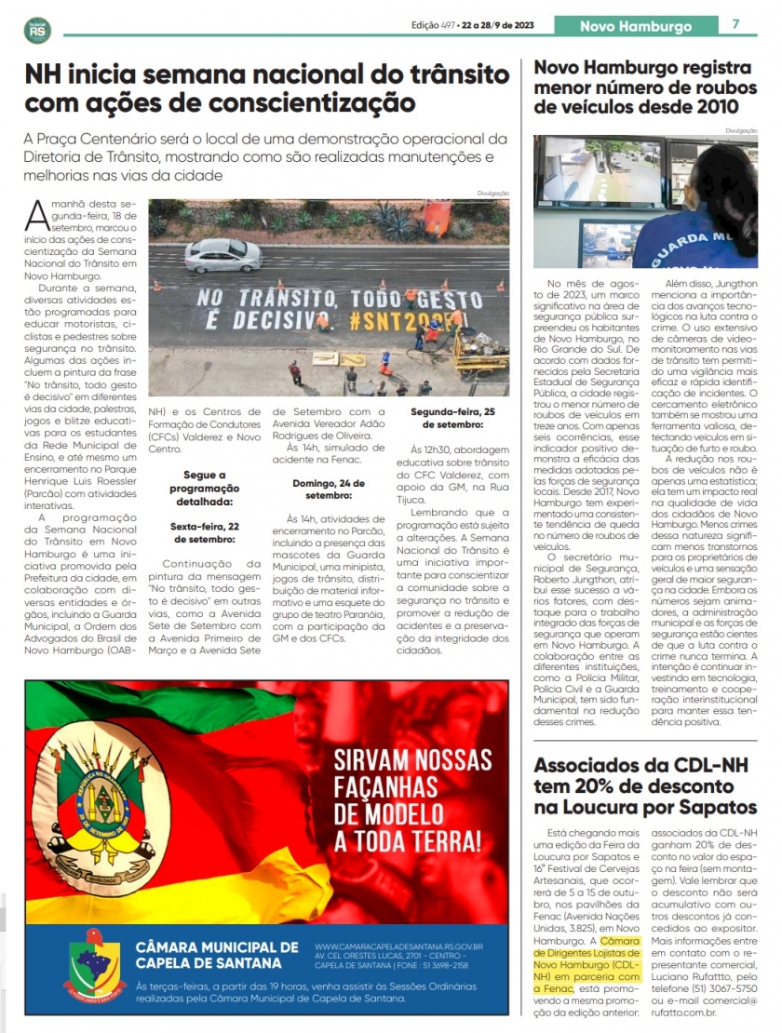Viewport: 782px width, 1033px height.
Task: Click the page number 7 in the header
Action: click(x=735, y=25)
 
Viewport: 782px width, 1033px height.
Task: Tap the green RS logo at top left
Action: click(x=38, y=31)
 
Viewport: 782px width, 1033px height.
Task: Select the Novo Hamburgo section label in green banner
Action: click(x=636, y=26)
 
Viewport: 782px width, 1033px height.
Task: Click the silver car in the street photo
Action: click(x=223, y=255)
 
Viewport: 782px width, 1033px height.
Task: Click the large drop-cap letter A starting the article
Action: click(x=38, y=217)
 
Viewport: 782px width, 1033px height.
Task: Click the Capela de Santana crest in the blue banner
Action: click(x=94, y=965)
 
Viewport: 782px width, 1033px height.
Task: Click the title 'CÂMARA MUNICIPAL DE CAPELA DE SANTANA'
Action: click(x=217, y=955)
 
